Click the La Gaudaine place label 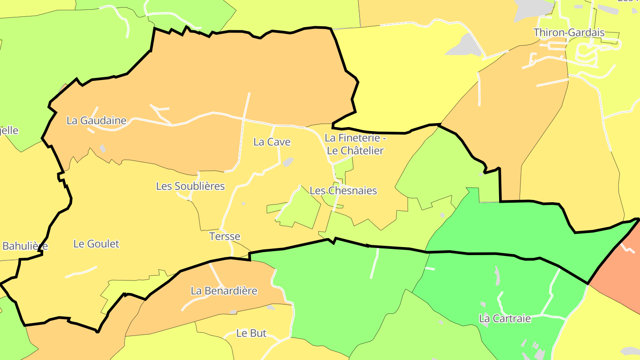click(96, 120)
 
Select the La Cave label click(272, 142)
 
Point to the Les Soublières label click(190, 186)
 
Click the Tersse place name click(224, 236)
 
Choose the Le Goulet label click(96, 244)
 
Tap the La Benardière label click(224, 291)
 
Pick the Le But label click(251, 333)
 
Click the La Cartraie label click(505, 319)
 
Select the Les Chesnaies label click(343, 191)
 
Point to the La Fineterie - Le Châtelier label click(355, 144)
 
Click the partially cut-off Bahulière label click(24, 246)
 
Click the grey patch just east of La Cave click(288, 162)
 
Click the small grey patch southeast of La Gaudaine click(103, 148)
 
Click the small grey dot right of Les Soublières click(244, 204)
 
